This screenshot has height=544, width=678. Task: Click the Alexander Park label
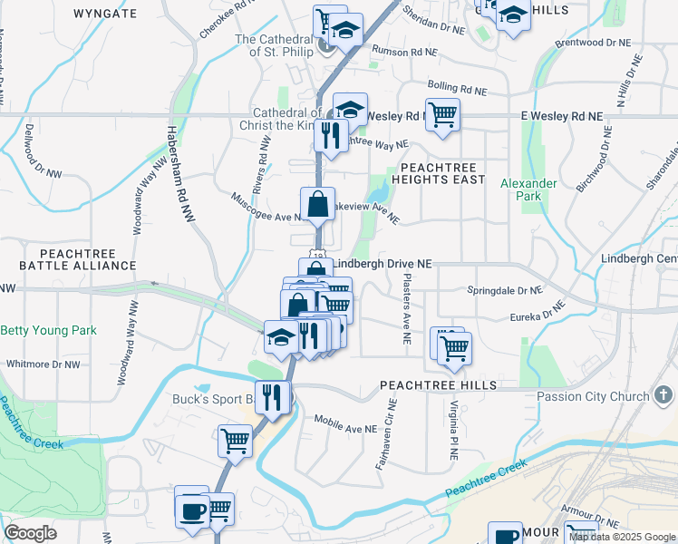tap(528, 189)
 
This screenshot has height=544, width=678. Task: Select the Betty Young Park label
tap(48, 331)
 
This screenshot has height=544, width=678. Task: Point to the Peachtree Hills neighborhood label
tap(439, 385)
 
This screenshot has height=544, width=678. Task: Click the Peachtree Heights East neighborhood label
tap(437, 173)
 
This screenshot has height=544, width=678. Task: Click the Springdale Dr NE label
tap(504, 291)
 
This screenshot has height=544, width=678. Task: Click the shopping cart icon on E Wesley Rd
tap(442, 115)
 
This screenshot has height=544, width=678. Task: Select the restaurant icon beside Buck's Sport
tap(272, 395)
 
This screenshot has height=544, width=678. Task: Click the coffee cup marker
tap(191, 510)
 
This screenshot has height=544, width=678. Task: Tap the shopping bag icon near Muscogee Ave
tap(318, 204)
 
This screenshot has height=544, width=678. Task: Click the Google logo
tap(30, 533)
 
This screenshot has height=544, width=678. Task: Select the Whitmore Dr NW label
tap(43, 364)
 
